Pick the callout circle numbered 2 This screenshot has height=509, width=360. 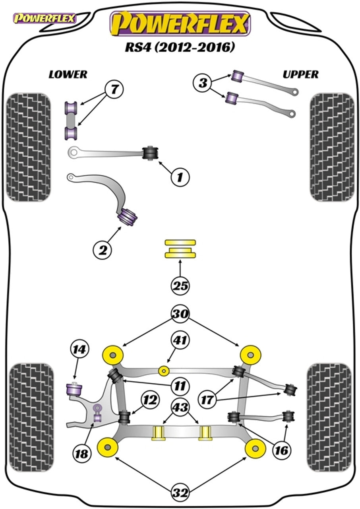pos(103,250)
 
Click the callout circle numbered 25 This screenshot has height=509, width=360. pos(180,286)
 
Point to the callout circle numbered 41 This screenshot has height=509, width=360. pos(181,340)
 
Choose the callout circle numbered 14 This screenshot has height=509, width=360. pos(79,350)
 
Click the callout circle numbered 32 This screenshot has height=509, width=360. pos(180,493)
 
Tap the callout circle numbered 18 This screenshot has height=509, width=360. pos(82,453)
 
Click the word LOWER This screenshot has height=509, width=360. pos(68,74)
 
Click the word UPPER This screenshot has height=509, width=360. pos(300,74)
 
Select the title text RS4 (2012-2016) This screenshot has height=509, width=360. pos(180,47)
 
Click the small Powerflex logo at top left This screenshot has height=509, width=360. pos(45,18)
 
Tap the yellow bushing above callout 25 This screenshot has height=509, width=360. pos(180,249)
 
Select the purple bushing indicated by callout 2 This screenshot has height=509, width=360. pos(128,216)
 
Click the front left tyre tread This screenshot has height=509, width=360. pos(29,147)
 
